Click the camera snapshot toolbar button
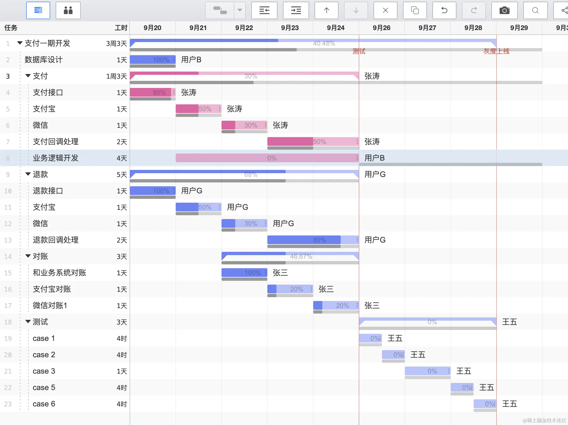(504, 10)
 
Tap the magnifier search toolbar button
(535, 10)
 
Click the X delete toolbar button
(385, 10)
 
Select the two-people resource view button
(68, 10)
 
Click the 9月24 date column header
(336, 28)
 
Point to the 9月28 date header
(473, 28)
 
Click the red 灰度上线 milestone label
(496, 51)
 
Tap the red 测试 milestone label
(359, 51)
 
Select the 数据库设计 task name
(44, 60)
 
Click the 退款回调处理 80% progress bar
(313, 240)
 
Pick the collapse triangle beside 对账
(28, 256)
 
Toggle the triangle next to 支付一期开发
(20, 43)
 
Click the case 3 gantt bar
(427, 371)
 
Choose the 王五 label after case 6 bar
(509, 404)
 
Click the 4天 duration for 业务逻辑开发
(122, 158)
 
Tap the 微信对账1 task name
(50, 305)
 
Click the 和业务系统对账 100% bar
(244, 273)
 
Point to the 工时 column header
(121, 28)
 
